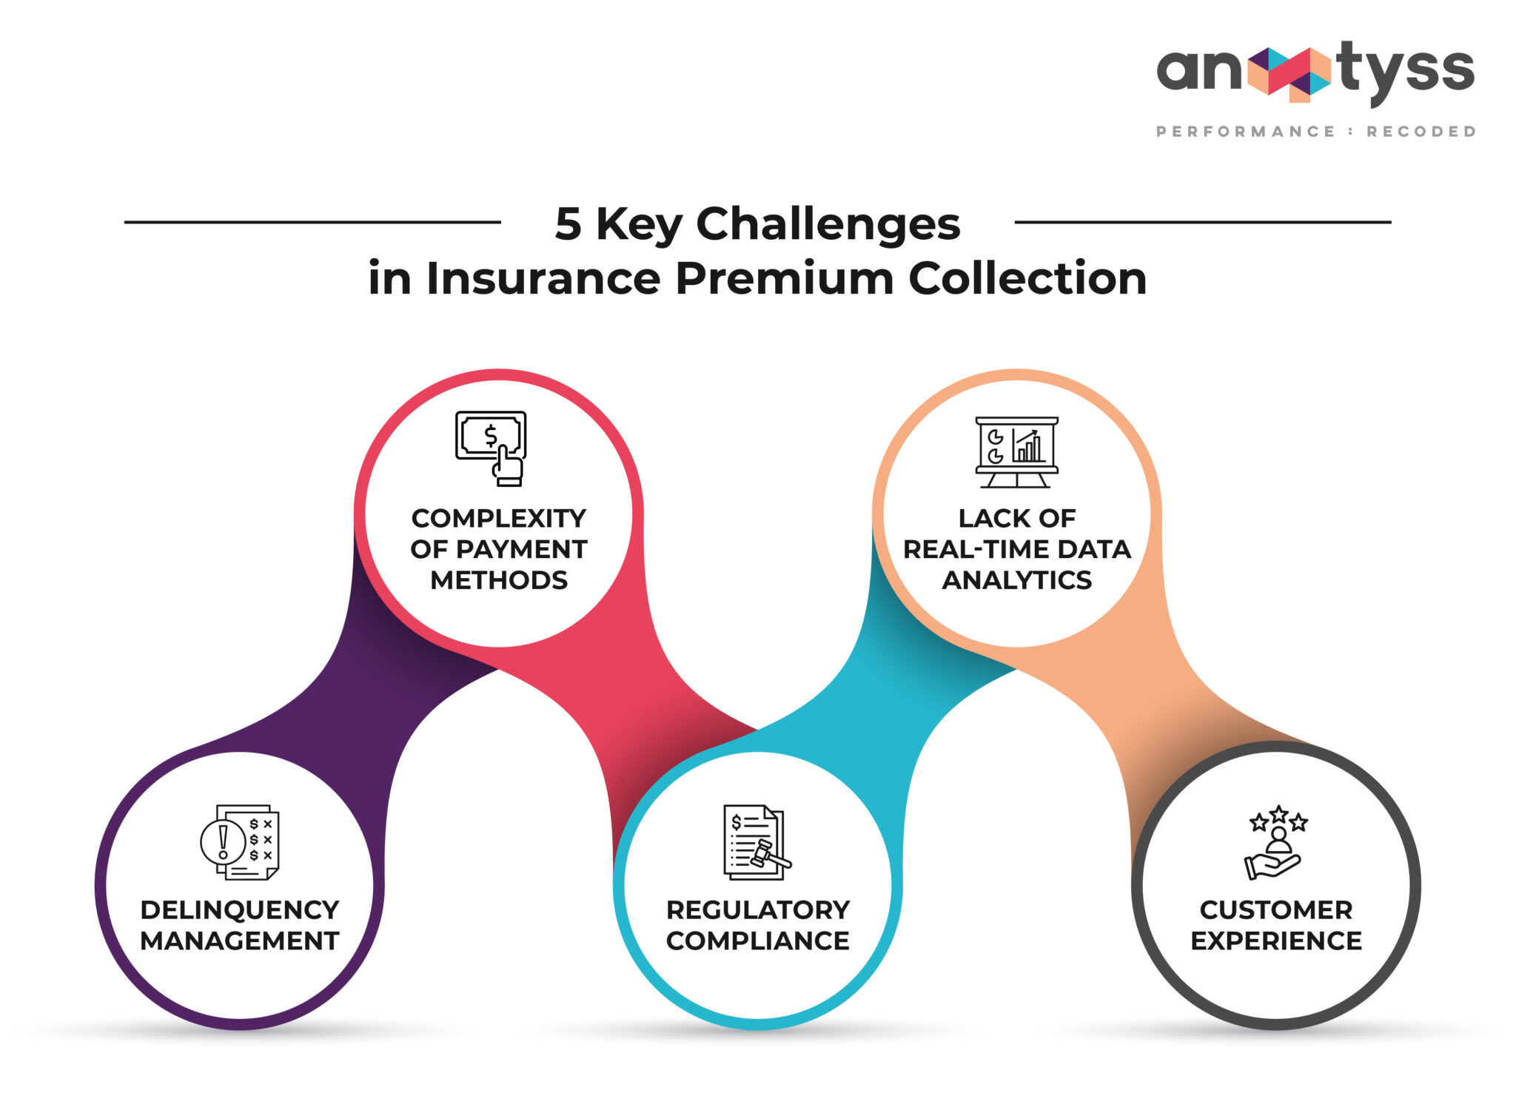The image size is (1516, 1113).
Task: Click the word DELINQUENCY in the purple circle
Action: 239,909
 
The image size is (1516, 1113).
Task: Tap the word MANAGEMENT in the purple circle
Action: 239,941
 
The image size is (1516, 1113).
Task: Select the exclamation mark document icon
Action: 239,842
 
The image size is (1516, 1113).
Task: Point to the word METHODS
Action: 499,580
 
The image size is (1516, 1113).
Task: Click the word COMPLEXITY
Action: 499,518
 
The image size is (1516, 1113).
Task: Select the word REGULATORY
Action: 757,909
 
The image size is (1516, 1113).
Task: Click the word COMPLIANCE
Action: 757,941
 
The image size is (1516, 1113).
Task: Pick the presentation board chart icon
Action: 1016,451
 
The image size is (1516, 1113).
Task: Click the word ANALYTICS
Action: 1016,580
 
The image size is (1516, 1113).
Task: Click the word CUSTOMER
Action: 1275,909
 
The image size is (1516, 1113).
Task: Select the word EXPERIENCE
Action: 1275,941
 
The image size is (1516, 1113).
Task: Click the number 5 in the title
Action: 568,223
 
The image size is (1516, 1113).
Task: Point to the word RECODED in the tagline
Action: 1421,132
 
